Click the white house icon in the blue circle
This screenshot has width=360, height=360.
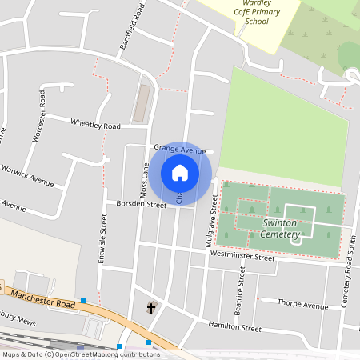coord(180,172)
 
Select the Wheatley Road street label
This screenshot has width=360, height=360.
coord(95,126)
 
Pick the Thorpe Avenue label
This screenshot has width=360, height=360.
coord(303,305)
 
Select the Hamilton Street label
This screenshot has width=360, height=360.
coord(234,327)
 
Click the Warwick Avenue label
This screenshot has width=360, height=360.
coord(27,176)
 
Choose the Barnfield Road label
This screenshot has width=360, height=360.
coord(133,26)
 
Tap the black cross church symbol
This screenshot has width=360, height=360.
coord(151,308)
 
